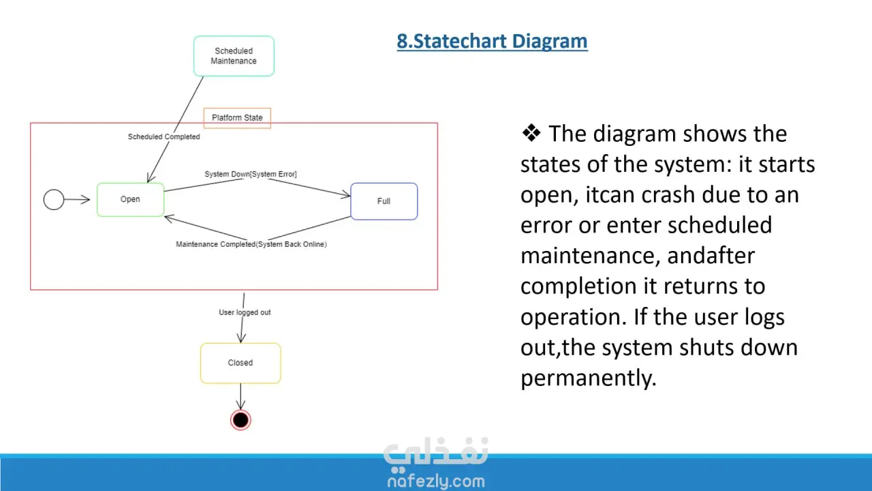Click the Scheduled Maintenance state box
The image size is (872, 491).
[234, 56]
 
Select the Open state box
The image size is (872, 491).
[130, 200]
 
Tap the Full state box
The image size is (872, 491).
[384, 201]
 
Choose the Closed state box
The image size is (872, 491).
[240, 363]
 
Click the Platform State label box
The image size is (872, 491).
[237, 118]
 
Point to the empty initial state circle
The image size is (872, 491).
[54, 200]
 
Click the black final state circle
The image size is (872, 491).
[240, 419]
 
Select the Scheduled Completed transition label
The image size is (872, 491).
[164, 137]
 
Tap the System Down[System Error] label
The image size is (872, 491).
[251, 174]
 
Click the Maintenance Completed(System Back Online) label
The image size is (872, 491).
[251, 244]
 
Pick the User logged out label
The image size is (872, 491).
[245, 312]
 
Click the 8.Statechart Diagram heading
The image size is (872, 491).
[492, 42]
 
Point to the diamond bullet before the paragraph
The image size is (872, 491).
[531, 133]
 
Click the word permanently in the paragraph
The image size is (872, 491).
[589, 378]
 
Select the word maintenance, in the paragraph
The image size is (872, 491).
[591, 256]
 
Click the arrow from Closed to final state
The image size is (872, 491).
[240, 396]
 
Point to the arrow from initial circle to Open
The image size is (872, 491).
[77, 200]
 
